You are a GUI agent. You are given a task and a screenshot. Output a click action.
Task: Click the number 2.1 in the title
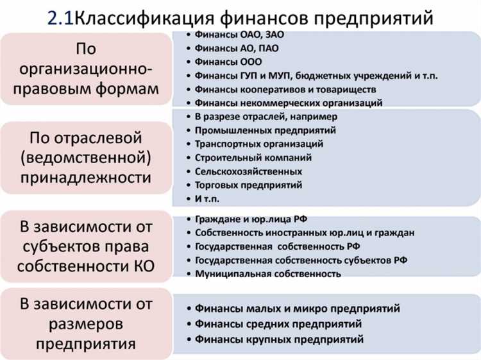60,17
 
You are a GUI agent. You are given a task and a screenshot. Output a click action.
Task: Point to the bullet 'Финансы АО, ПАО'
237,48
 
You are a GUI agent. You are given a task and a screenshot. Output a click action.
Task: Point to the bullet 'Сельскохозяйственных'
249,171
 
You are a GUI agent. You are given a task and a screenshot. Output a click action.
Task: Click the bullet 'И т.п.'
210,198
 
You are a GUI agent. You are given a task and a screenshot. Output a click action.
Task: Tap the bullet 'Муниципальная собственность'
267,273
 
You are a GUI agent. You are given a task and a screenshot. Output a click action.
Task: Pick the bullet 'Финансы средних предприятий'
278,323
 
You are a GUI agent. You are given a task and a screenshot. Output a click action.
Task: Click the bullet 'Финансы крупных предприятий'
280,339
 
